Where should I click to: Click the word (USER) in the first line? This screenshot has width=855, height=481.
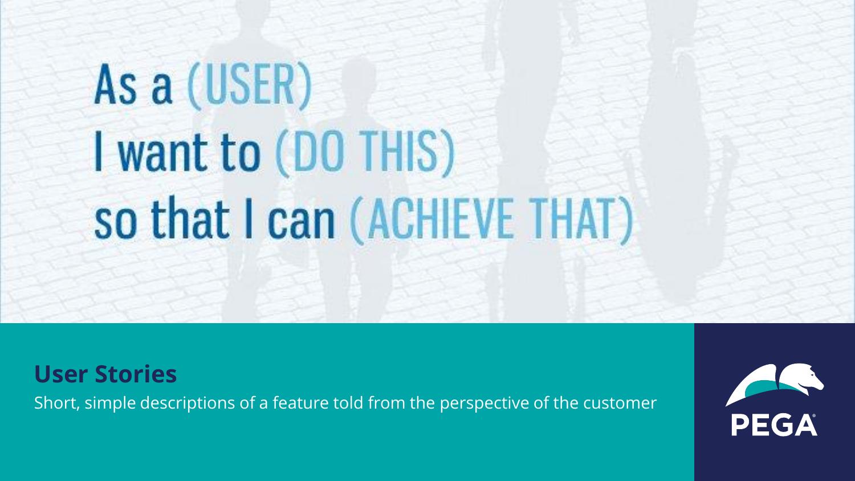coord(249,86)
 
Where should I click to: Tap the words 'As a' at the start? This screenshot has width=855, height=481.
coord(133,86)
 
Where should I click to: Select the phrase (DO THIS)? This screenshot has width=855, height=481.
coord(365,153)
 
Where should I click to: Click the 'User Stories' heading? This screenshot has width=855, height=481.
coord(105,374)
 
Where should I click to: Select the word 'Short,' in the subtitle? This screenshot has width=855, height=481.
coord(52,403)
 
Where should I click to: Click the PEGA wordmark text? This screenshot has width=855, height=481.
coord(773,425)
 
